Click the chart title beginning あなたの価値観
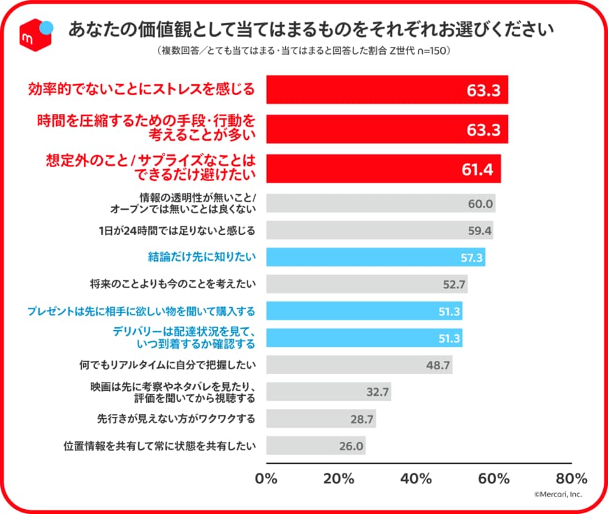pos(311,29)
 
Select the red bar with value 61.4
pos(383,169)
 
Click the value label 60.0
pos(481,205)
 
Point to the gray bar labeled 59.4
pos(379,230)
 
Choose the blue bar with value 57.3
pos(375,257)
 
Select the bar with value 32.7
pos(328,392)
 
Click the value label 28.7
pos(361,420)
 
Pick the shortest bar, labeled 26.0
pos(316,445)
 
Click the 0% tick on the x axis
pos(267,479)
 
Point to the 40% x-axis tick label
pos(419,479)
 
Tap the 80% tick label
pos(571,479)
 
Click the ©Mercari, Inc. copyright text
pos(558,495)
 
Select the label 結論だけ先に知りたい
pos(201,257)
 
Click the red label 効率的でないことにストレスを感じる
pos(141,90)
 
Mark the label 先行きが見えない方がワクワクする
pos(175,419)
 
